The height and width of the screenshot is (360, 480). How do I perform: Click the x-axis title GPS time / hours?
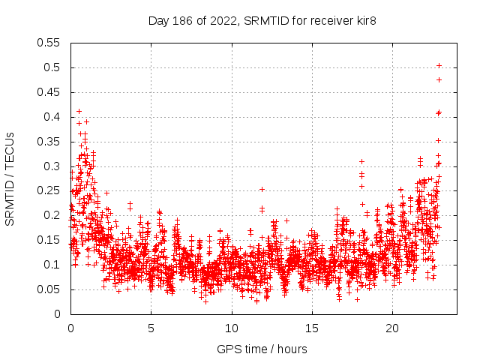(262, 349)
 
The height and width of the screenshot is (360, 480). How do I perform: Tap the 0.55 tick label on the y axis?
(49, 43)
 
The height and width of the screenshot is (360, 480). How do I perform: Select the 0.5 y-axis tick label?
(53, 67)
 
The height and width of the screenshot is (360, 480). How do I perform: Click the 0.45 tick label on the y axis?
(49, 92)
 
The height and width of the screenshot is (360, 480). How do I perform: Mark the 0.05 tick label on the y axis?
(49, 289)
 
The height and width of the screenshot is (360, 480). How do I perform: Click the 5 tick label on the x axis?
(151, 328)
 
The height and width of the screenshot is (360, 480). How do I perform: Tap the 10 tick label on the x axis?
(232, 328)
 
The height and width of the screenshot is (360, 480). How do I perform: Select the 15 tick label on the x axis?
(312, 328)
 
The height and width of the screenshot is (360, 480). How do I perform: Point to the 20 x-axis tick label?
(392, 328)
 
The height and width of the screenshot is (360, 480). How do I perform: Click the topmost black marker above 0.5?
(439, 65)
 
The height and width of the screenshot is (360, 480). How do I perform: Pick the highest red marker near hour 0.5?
(79, 111)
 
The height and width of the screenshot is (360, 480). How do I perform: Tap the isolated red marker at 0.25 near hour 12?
(262, 189)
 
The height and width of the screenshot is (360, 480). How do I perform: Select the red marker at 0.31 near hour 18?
(361, 161)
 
